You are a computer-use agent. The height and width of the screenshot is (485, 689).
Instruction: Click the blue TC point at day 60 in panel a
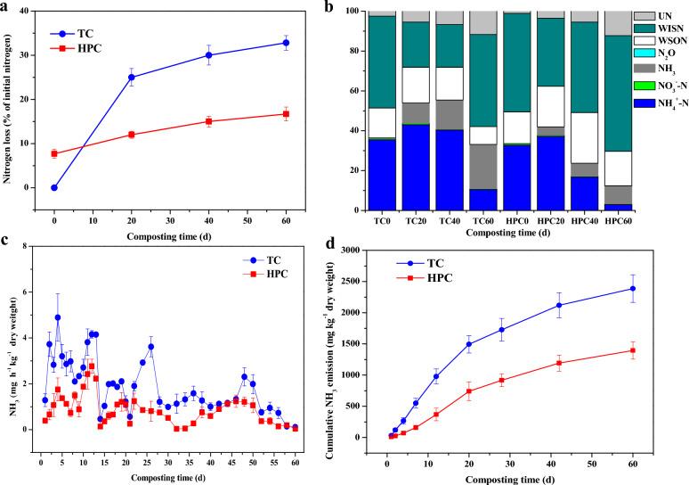tap(286, 43)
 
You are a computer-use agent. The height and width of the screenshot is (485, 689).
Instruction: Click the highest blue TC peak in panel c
tap(58, 317)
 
